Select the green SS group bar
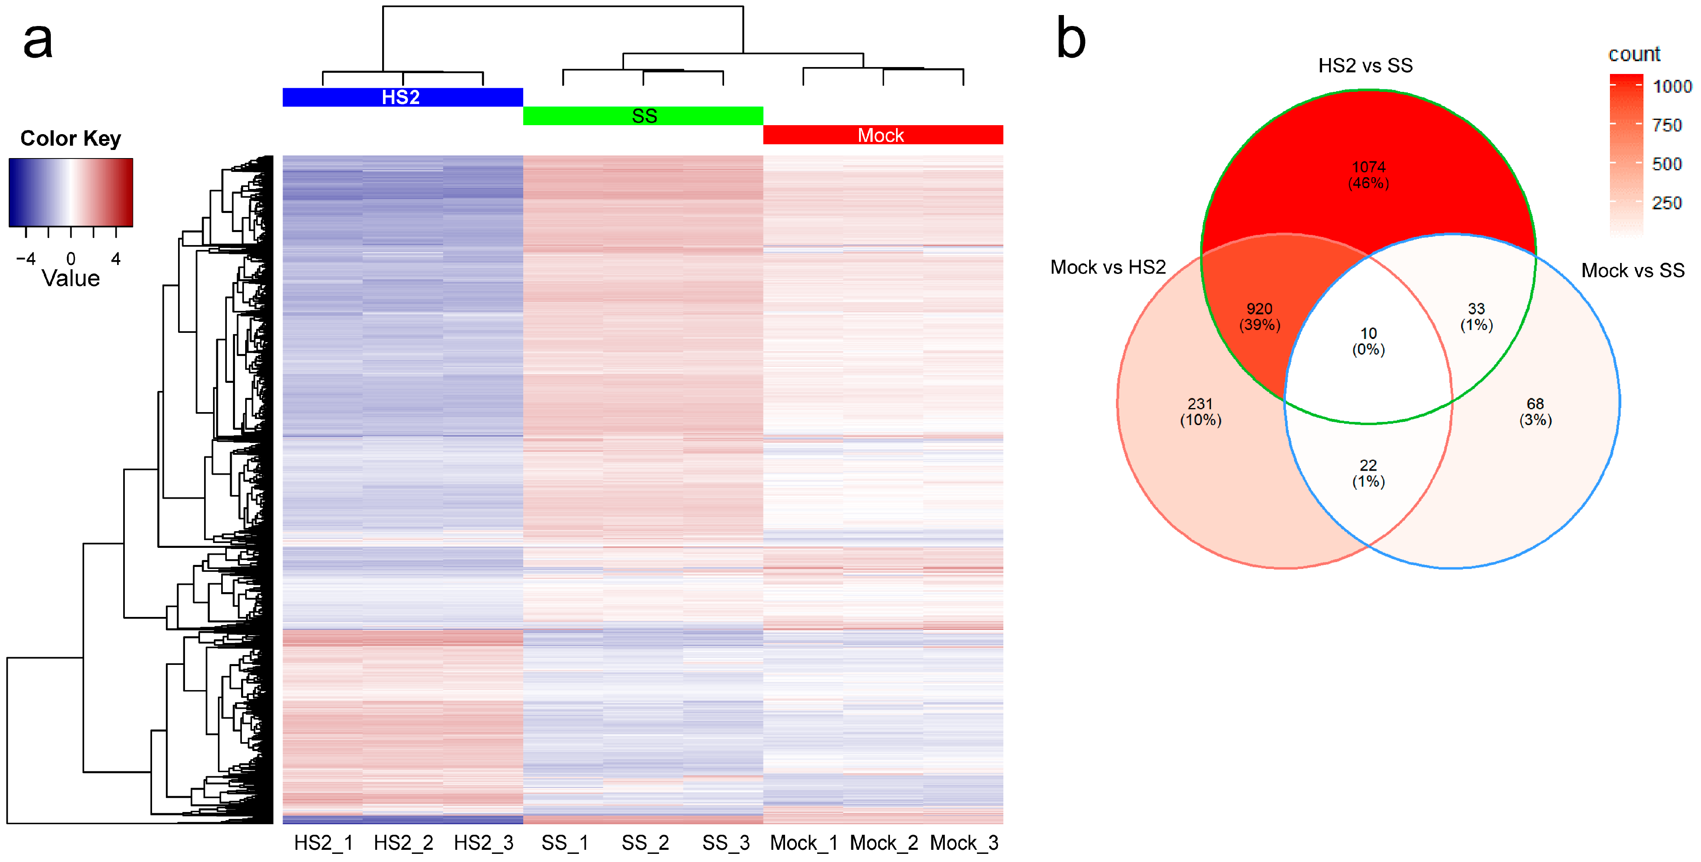[643, 116]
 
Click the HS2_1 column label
[324, 843]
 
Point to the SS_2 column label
[645, 843]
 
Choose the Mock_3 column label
[964, 843]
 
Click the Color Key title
[71, 139]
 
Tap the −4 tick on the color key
[26, 259]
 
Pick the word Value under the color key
[71, 278]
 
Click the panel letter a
[38, 39]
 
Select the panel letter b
[1070, 38]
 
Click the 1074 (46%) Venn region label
[1368, 175]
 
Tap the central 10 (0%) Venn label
[1368, 341]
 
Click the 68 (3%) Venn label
[1535, 412]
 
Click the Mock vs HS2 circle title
[1107, 267]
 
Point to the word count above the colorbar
[1634, 54]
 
